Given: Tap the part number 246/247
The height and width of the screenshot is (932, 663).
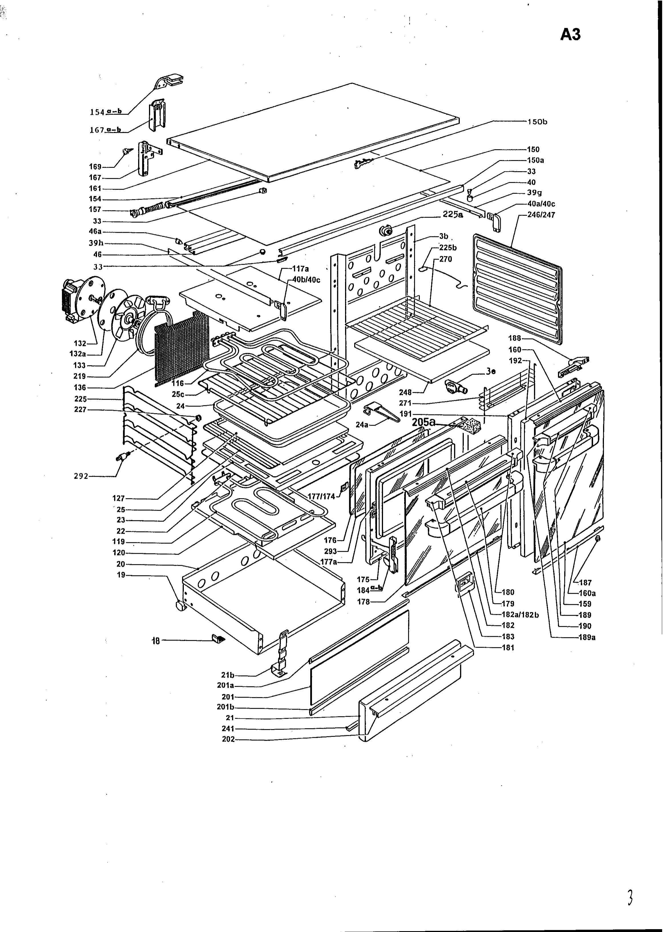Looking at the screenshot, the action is pos(541,215).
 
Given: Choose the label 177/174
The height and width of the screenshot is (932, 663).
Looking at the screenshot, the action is pos(322,497).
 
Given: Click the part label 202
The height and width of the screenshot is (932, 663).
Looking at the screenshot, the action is pos(228,739).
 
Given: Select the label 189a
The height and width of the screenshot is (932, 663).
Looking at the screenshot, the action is pos(587,637).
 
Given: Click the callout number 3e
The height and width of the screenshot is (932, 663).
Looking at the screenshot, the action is pos(491,372).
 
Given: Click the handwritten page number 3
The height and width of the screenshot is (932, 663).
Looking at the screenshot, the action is pos(630,898).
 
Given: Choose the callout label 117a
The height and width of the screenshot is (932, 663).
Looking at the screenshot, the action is pos(301,269).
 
